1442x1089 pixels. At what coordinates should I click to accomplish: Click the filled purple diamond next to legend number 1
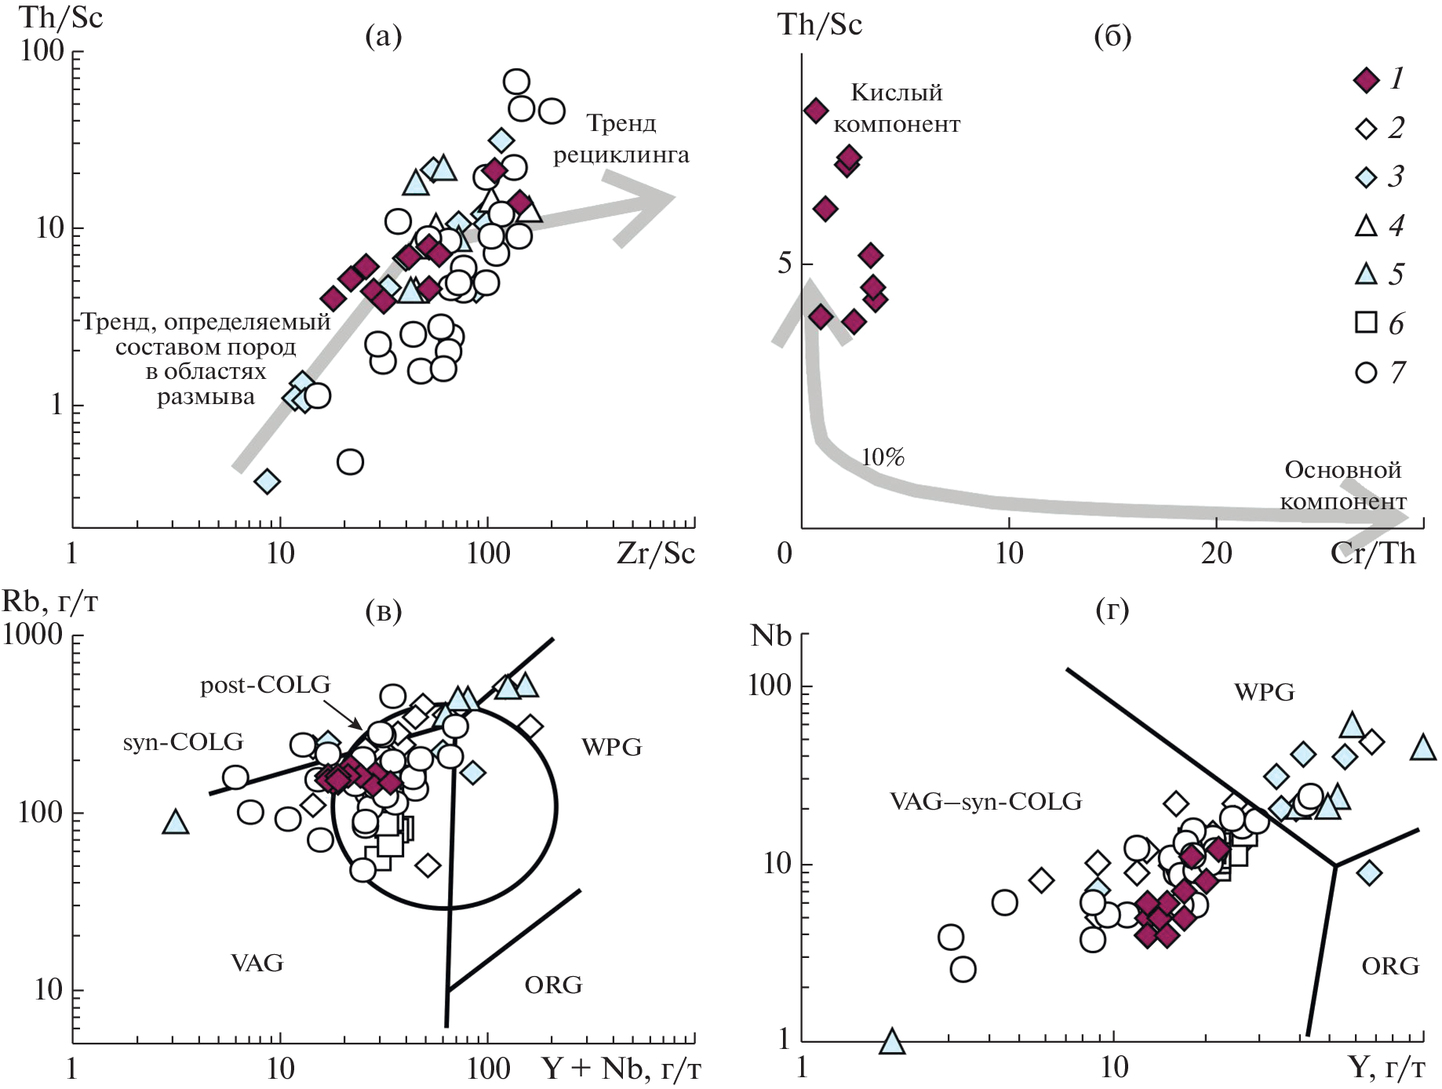pos(1366,80)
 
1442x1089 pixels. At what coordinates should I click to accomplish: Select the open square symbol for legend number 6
pos(1366,322)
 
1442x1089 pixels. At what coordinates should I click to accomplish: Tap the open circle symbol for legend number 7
pos(1366,372)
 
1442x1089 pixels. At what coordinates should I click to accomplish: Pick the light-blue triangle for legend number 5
pos(1366,274)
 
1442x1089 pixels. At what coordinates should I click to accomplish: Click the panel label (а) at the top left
pos(383,36)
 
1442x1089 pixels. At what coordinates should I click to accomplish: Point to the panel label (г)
pos(1112,610)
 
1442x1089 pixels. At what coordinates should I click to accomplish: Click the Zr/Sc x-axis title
pos(656,554)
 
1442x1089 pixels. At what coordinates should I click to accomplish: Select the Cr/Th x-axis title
pos(1373,554)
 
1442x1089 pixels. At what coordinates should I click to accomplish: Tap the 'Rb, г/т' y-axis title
pos(50,602)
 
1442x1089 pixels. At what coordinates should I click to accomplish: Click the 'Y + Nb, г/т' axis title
pos(621,1069)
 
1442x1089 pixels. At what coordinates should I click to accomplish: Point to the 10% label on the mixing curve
pos(883,457)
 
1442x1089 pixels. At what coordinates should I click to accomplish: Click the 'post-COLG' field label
pos(265,686)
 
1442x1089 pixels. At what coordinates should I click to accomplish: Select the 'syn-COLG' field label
pos(183,742)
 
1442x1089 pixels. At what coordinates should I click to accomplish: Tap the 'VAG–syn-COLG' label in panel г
pos(985,801)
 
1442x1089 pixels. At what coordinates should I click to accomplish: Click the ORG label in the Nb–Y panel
pos(1390,966)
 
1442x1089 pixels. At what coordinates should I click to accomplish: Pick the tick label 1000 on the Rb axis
pos(33,635)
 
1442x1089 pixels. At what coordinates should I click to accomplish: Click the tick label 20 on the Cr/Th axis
pos(1216,554)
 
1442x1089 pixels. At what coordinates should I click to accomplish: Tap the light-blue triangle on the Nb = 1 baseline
pos(893,1042)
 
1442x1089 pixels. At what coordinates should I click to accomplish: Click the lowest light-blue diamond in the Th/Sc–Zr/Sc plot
pos(268,481)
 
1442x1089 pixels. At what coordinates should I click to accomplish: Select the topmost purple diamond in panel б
pos(816,111)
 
